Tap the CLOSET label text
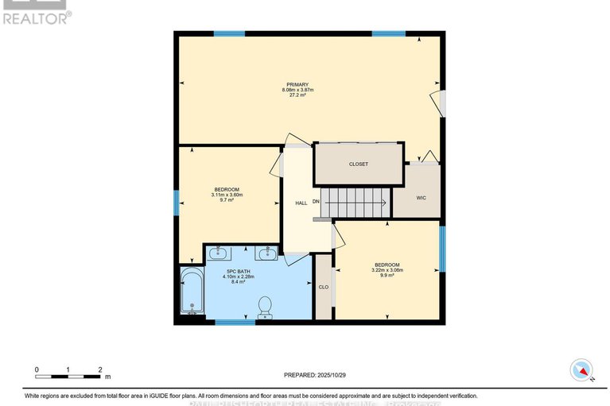coord(359,164)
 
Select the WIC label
coord(422,197)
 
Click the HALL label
coord(301,203)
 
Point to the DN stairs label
coord(316,202)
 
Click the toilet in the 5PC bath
coord(266,306)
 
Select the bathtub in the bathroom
coord(191,291)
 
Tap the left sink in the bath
coord(218,254)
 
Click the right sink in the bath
coord(266,254)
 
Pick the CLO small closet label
coord(324,287)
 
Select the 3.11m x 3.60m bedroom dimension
coord(227,195)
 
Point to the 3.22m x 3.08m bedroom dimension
coord(387,270)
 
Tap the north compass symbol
coord(582,369)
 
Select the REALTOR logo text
coord(37,17)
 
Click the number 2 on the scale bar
coord(100,370)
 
